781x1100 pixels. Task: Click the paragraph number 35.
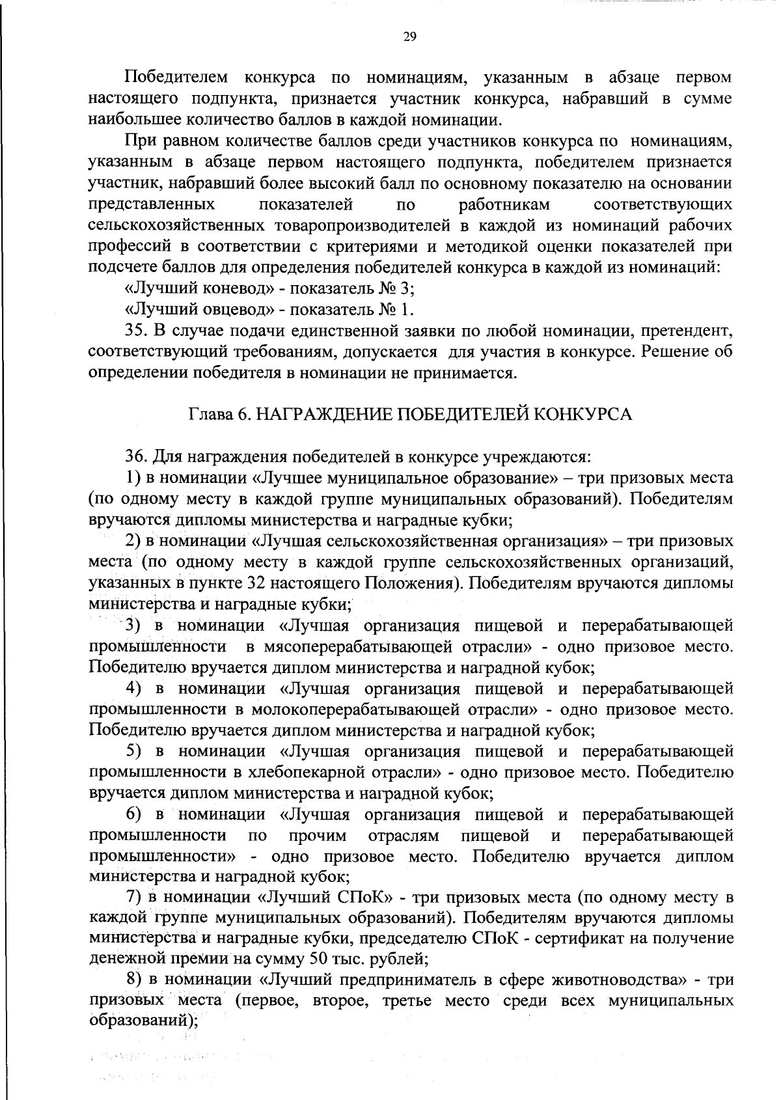coord(134,331)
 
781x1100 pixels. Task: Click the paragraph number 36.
coord(134,457)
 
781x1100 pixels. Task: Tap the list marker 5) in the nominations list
coord(134,751)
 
